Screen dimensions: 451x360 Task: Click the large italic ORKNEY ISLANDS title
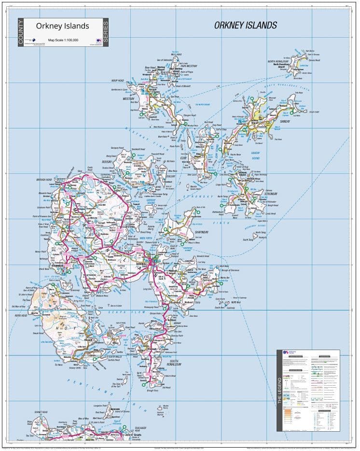pyautogui.click(x=245, y=25)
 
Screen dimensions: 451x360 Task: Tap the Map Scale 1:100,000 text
pyautogui.click(x=63, y=40)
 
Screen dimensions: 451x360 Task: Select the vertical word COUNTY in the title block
pyautogui.click(x=20, y=32)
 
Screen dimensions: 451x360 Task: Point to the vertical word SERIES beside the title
pyautogui.click(x=106, y=32)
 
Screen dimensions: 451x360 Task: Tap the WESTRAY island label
pyautogui.click(x=129, y=99)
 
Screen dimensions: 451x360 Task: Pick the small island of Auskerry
pyautogui.click(x=262, y=237)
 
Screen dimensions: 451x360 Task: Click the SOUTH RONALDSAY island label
pyautogui.click(x=174, y=363)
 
